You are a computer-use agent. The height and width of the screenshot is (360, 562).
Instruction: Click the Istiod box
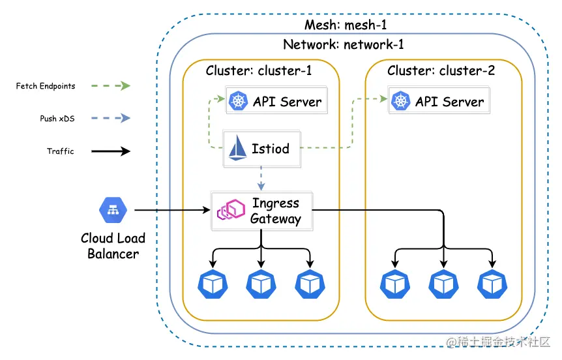tap(261, 148)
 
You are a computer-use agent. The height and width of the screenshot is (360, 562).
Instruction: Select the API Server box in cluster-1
tap(274, 101)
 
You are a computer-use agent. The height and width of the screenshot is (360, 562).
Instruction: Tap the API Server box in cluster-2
tap(437, 101)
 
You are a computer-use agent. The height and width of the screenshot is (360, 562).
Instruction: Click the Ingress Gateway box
tap(261, 211)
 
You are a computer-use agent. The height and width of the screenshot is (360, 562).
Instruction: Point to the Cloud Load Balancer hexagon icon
tap(113, 209)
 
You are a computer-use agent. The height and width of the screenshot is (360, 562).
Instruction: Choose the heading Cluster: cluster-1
tap(260, 70)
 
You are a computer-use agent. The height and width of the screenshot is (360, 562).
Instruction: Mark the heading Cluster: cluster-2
tap(441, 70)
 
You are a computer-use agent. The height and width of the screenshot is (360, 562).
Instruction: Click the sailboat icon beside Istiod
tap(237, 148)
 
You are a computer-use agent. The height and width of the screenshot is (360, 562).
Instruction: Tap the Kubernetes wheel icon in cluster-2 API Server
tap(399, 101)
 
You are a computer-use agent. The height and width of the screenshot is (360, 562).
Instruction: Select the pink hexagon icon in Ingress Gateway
tap(228, 211)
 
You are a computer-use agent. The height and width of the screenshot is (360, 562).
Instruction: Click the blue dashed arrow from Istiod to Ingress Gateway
tap(261, 177)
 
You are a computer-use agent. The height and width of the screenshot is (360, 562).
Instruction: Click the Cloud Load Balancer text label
tap(113, 246)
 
